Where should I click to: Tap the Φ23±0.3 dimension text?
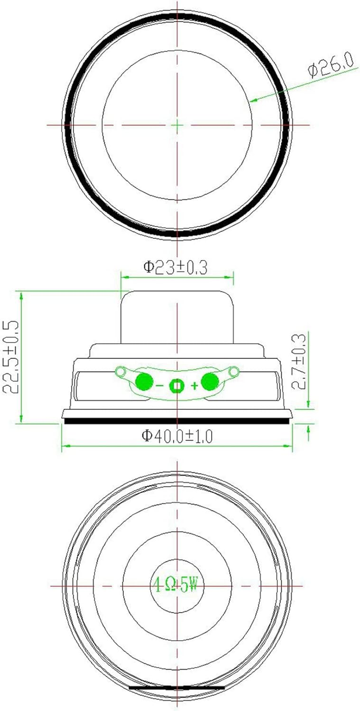point(175,268)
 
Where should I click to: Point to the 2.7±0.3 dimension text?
point(299,361)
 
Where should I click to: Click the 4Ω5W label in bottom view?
point(176,586)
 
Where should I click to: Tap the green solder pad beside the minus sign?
point(144,381)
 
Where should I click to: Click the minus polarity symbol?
point(160,385)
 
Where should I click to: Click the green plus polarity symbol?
point(194,385)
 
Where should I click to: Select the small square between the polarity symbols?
point(176,385)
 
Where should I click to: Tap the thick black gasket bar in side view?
point(176,421)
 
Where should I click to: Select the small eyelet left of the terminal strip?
point(120,371)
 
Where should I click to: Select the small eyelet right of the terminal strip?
point(233,371)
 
